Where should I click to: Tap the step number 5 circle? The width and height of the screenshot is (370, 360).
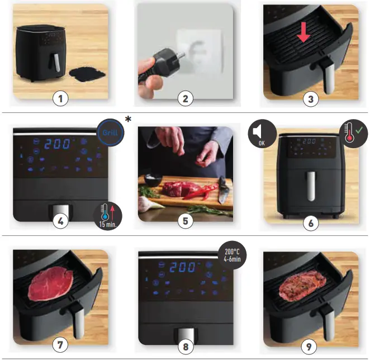click(x=185, y=220)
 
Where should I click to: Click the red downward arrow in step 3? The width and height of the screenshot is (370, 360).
click(x=303, y=32)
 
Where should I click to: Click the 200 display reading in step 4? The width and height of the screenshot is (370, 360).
click(x=58, y=143)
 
